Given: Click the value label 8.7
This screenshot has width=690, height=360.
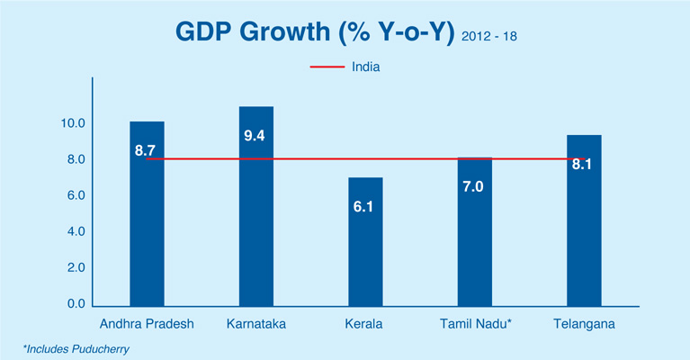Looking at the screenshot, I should [x=147, y=150].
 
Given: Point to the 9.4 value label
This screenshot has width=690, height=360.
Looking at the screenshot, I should [x=256, y=136].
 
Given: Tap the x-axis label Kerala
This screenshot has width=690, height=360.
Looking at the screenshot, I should [x=365, y=322].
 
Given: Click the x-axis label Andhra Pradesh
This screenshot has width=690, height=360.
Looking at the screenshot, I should [x=147, y=322].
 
